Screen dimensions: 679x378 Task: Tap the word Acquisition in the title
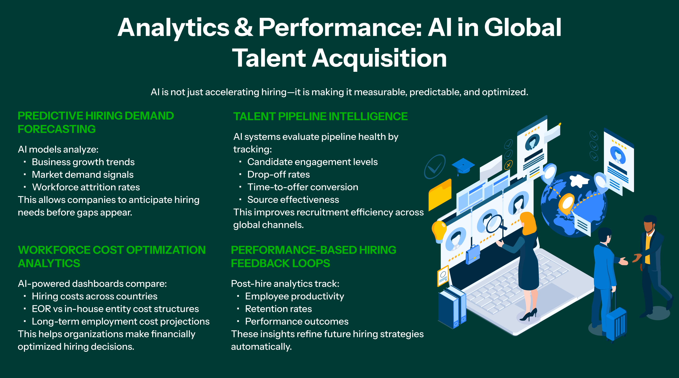379,59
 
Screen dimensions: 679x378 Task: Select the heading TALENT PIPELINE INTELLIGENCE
320,116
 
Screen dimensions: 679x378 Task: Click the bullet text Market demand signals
83,175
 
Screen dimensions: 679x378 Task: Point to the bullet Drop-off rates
278,174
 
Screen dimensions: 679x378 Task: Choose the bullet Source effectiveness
293,200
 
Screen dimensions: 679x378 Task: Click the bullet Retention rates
278,309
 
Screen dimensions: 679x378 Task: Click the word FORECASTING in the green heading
57,129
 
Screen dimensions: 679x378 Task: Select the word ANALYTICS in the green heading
49,264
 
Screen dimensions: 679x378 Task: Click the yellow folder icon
440,195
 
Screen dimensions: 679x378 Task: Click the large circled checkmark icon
434,166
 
